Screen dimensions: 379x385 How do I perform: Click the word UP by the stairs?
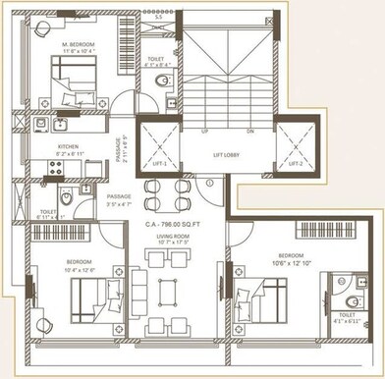[x=203, y=131]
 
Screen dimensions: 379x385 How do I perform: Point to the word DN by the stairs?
[x=250, y=131]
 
